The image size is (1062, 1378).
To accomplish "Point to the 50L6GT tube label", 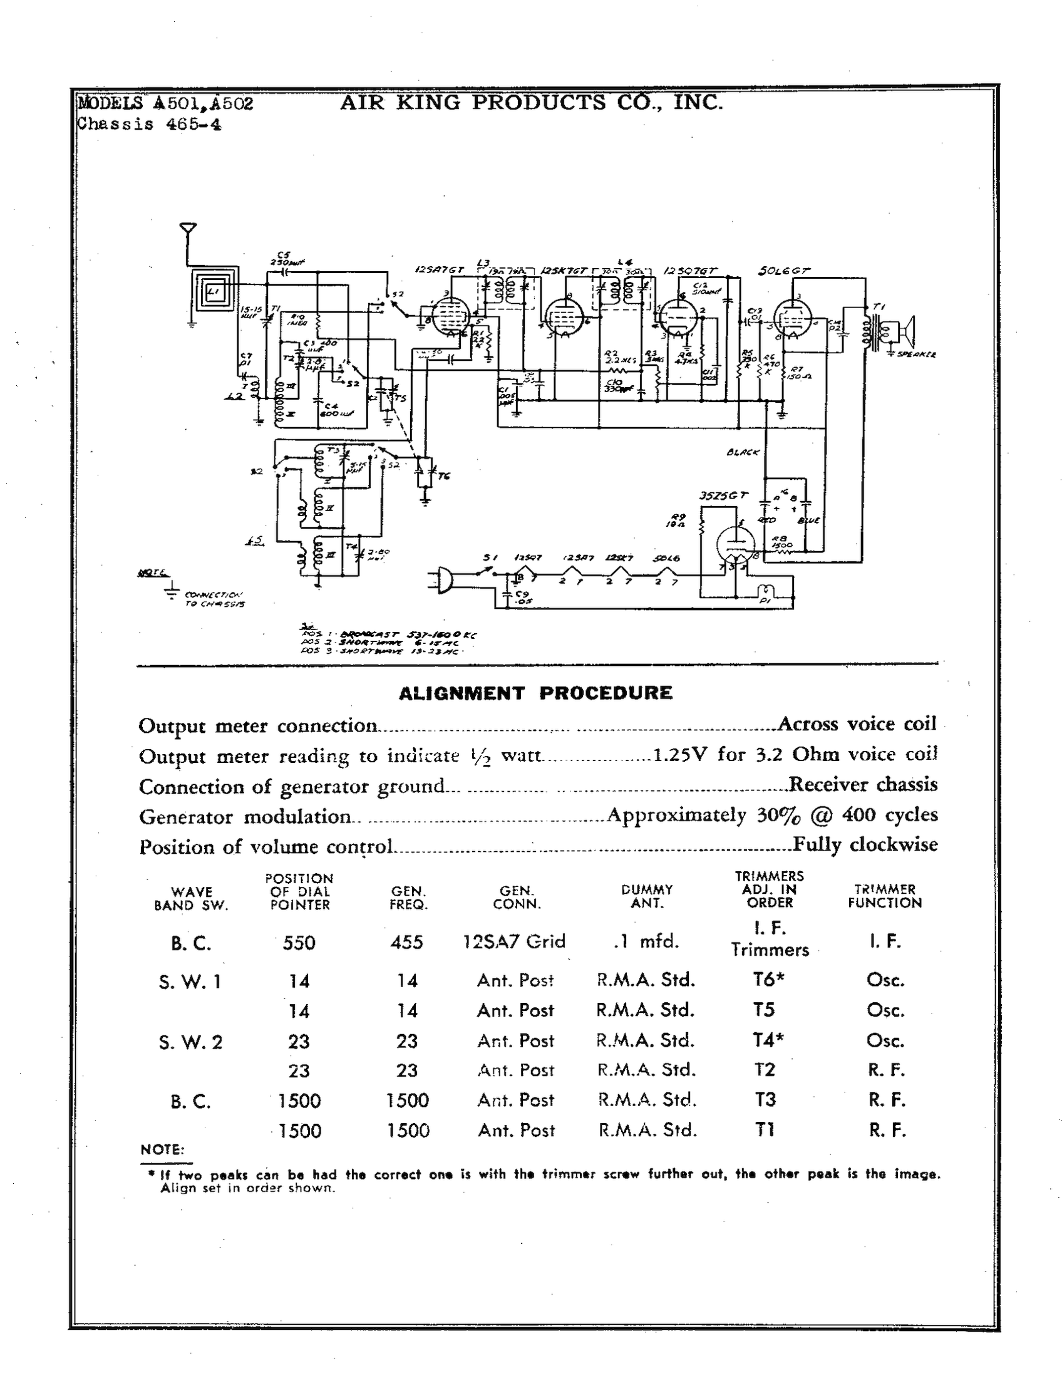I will point(783,271).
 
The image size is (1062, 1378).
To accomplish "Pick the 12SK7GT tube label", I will point(564,271).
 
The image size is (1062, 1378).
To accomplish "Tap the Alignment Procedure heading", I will point(535,693).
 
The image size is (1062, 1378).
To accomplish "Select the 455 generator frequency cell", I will point(407,942).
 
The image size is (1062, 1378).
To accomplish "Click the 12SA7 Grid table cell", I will point(514,941).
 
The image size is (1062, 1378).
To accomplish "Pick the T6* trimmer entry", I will point(768,978).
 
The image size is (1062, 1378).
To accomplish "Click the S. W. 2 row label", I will point(190,1041).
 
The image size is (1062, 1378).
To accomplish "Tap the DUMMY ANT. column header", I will point(647,896).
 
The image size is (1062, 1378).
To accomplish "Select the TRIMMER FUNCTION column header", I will point(884,896).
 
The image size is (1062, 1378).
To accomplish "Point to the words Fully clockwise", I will point(865,844).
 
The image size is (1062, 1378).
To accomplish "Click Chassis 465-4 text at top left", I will point(149,124).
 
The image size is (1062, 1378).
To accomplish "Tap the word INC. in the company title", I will point(698,102).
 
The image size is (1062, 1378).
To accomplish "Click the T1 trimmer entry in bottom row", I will point(765,1129).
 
